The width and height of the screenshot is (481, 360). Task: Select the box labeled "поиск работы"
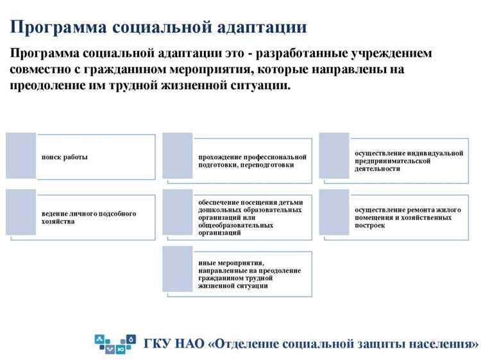(65, 157)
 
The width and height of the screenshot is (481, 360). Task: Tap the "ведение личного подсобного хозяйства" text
(89, 218)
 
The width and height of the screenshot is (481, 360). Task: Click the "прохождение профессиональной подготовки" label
(252, 161)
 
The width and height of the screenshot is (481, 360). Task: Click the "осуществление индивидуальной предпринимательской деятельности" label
(409, 161)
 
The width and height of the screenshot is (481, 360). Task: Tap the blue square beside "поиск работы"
(21, 156)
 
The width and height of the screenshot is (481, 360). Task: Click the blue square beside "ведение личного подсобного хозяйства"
(21, 212)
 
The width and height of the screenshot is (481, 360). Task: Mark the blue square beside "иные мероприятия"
(178, 269)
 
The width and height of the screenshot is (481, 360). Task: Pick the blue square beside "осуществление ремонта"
(334, 212)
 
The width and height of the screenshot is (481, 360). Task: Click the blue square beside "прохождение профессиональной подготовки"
(178, 156)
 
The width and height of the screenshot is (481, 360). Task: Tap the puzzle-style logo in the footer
(115, 344)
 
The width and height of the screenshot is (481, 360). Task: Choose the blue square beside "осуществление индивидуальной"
(334, 156)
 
